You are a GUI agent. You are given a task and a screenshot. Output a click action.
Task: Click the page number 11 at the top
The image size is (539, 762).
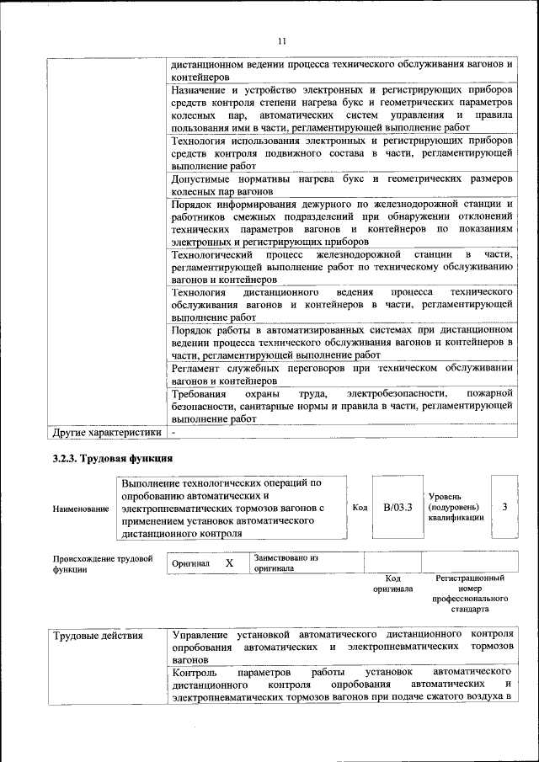[282, 40]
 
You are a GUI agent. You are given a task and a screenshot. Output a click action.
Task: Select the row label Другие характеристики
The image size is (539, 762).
[105, 433]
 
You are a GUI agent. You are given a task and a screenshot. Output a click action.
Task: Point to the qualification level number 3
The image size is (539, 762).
[504, 507]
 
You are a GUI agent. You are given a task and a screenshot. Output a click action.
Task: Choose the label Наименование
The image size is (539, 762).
[80, 509]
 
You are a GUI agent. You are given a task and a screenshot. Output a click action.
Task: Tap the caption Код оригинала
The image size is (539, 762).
[392, 583]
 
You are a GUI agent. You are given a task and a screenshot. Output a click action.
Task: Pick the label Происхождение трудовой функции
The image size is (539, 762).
[102, 563]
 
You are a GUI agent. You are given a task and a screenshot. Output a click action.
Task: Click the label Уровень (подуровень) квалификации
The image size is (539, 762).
[456, 507]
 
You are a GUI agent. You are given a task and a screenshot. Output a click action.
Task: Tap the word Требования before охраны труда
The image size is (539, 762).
[199, 394]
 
